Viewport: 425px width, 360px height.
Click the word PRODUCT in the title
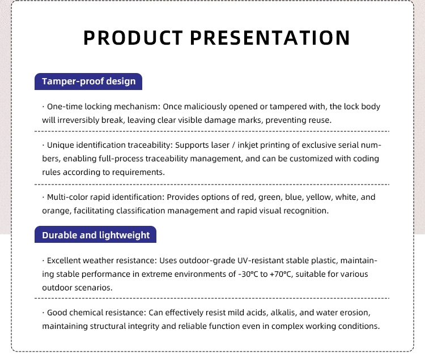tap(133, 37)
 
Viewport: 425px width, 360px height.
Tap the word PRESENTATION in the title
tap(270, 37)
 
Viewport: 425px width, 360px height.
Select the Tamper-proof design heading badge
tap(88, 82)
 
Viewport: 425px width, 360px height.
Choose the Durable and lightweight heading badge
tap(95, 234)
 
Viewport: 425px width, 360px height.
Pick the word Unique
tap(61, 145)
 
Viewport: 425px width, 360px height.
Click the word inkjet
tap(248, 145)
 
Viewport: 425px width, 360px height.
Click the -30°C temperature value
tap(248, 274)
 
